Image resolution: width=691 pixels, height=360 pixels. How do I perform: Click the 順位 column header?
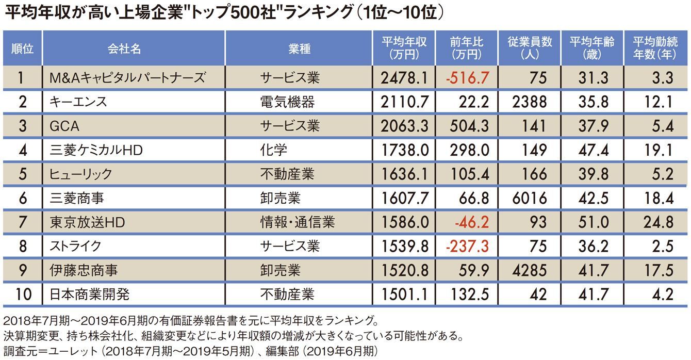coord(22,48)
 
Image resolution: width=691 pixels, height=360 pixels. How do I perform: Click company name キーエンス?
coord(78,102)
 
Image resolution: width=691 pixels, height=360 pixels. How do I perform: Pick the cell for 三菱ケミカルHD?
coord(95,150)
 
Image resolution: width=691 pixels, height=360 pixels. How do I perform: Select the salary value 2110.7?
coord(405,102)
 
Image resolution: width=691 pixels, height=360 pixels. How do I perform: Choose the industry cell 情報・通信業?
coord(298,222)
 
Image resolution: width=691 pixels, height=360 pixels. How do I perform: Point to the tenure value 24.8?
coord(658,222)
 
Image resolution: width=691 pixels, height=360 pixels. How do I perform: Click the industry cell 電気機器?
coord(287,102)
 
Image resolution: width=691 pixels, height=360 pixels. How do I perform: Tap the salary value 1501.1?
coord(405,295)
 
